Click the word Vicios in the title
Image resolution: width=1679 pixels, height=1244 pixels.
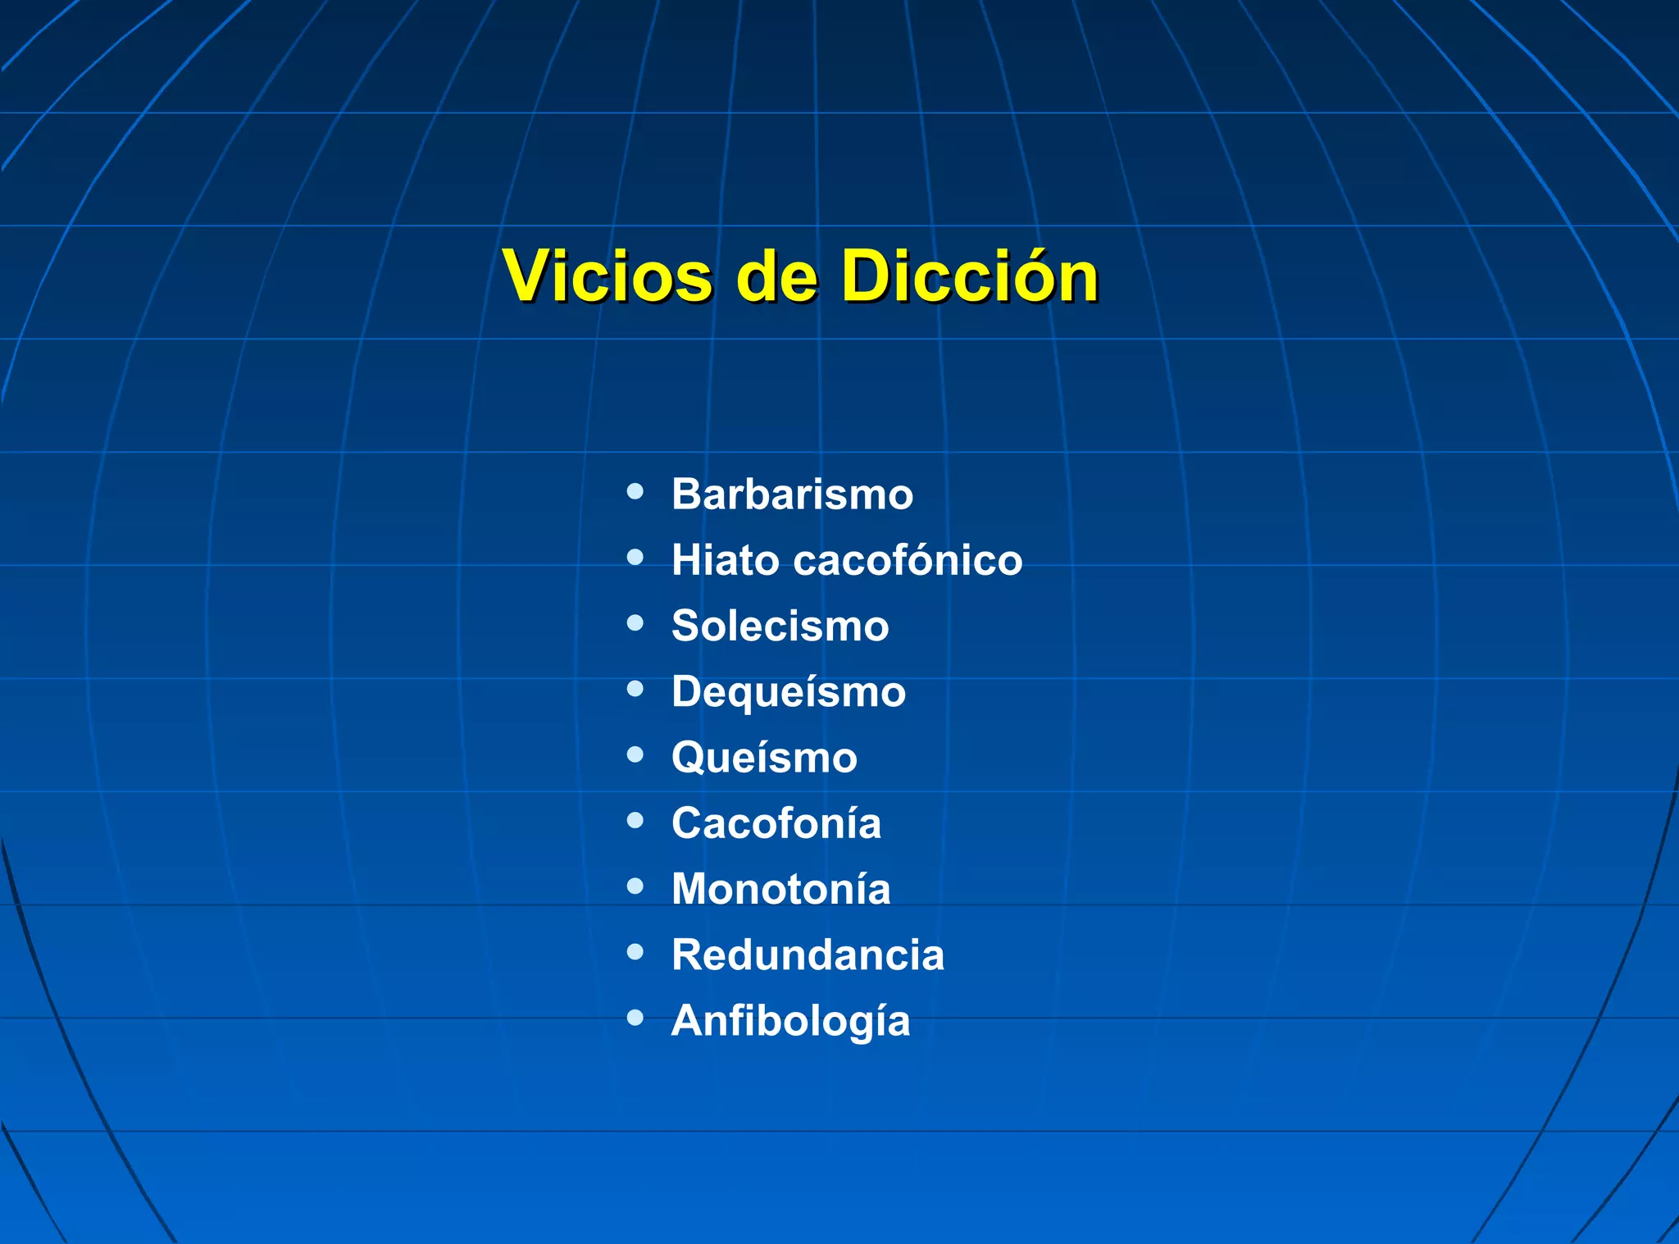pos(607,276)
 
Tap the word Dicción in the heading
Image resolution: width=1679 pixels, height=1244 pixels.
pos(969,276)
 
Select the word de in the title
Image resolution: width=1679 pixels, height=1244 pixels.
pos(776,276)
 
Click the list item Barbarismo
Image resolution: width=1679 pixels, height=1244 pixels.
pos(792,494)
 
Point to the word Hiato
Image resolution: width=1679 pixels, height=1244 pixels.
pos(726,560)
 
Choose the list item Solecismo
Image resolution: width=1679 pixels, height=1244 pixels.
pos(780,626)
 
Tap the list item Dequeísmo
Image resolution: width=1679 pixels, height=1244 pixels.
pos(789,691)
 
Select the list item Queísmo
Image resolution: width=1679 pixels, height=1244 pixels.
pos(764,757)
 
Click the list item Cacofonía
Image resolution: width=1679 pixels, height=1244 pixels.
pos(776,822)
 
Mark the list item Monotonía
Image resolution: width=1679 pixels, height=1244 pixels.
pos(780,889)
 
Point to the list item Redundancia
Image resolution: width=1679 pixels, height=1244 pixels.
pos(808,955)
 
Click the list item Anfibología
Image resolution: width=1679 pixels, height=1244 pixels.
pos(790,1021)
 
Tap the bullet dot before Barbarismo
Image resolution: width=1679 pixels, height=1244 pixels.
pos(635,492)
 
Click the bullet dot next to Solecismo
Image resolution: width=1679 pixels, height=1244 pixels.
pos(635,623)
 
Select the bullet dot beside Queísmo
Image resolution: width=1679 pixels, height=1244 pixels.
pos(635,754)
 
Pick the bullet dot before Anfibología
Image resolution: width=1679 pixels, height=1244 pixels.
pos(635,1018)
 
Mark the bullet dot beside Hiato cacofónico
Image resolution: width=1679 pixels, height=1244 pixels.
pos(635,558)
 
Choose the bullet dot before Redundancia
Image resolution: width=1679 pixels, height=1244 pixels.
pos(635,952)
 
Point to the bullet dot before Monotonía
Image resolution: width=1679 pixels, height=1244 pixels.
pos(635,886)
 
